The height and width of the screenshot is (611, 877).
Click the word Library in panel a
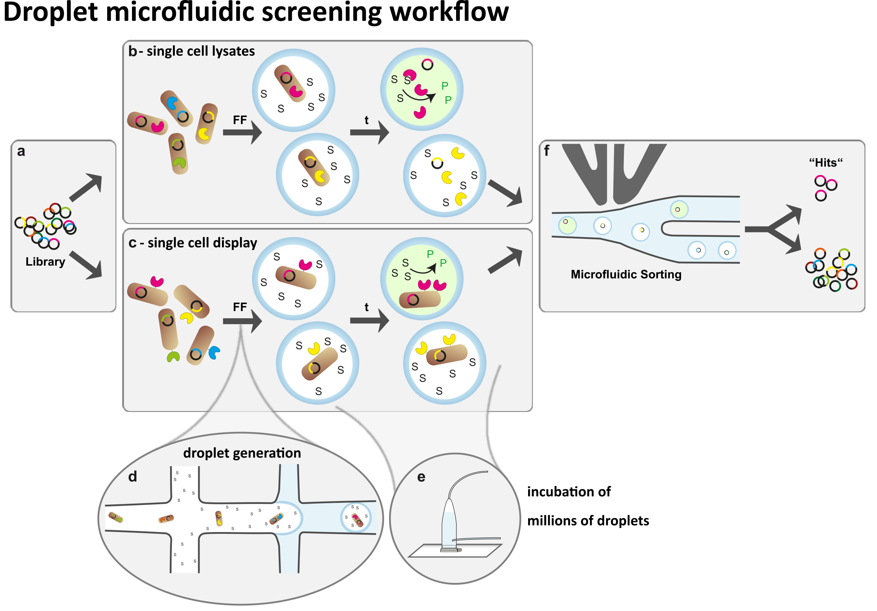[x=45, y=262]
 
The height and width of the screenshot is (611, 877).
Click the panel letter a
[x=21, y=151]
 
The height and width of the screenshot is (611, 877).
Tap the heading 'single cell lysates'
[x=200, y=51]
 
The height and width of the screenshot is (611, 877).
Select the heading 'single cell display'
[x=202, y=243]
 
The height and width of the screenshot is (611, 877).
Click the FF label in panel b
[x=240, y=120]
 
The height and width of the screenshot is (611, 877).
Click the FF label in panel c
[x=240, y=307]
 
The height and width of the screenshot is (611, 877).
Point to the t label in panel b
[x=366, y=120]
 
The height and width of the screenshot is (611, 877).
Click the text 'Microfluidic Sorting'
[x=626, y=274]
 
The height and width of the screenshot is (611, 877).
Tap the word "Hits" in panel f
[x=825, y=163]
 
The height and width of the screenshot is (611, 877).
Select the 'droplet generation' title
[x=242, y=453]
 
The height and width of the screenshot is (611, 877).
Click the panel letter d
[x=132, y=477]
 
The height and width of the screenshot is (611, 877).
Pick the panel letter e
[x=421, y=477]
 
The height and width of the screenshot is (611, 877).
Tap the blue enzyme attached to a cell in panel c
[x=214, y=352]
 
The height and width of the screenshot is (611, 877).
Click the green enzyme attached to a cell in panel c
[x=173, y=356]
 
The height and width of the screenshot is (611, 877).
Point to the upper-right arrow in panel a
[x=87, y=187]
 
